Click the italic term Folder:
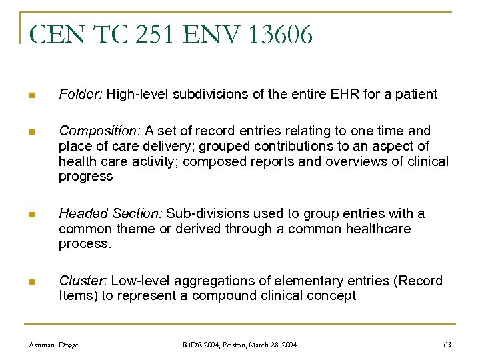(80, 94)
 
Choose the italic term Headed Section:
(110, 213)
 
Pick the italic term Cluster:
(83, 280)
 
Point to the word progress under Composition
(86, 177)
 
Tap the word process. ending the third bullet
(84, 244)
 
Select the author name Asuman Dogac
(53, 344)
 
